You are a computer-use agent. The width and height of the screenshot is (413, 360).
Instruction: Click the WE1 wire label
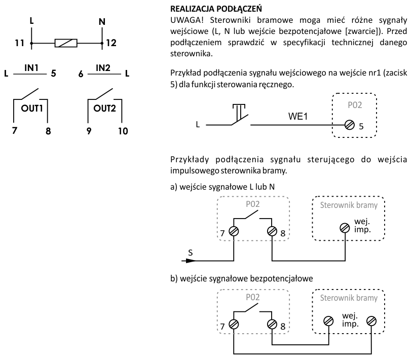click(295, 116)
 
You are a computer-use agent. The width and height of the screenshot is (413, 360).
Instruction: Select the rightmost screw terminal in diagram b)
click(372, 320)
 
